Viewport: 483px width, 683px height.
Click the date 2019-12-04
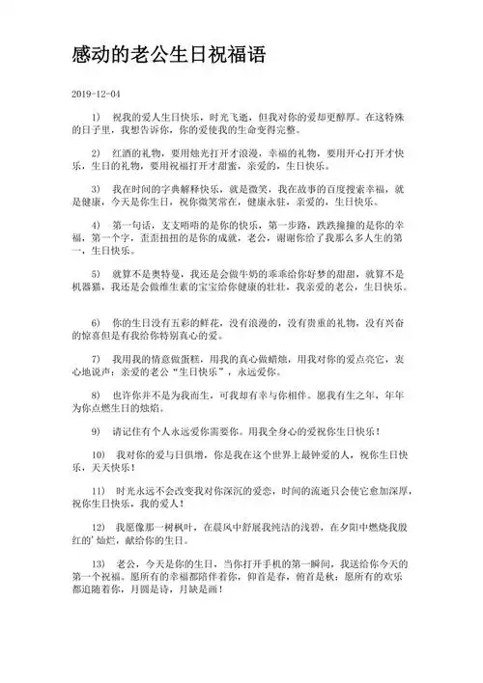coord(97,94)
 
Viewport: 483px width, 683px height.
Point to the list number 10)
coord(98,454)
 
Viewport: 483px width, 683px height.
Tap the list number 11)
coord(98,491)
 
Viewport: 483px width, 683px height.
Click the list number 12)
coord(98,528)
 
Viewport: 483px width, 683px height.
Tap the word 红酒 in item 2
coord(125,153)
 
